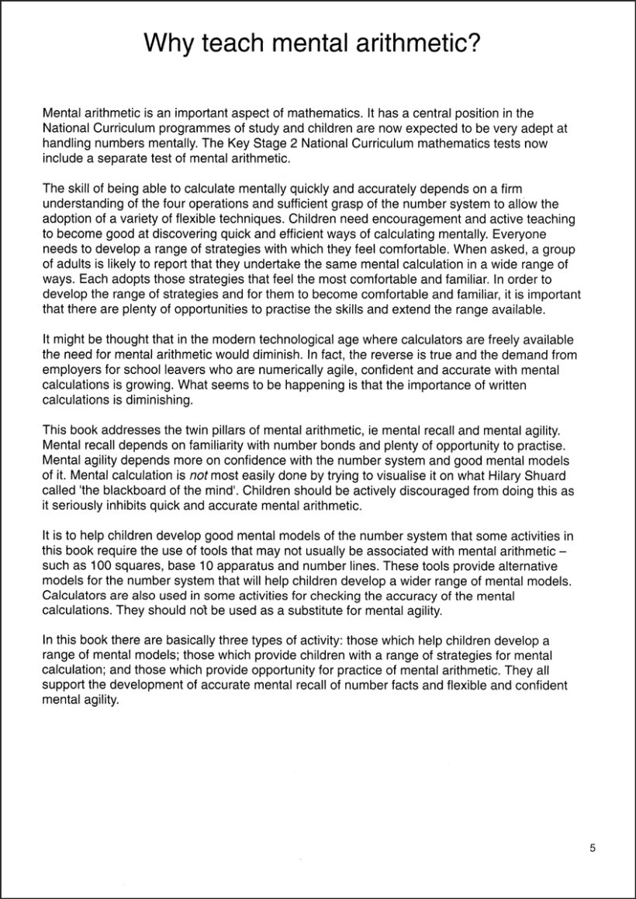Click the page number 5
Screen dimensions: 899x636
(x=593, y=848)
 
